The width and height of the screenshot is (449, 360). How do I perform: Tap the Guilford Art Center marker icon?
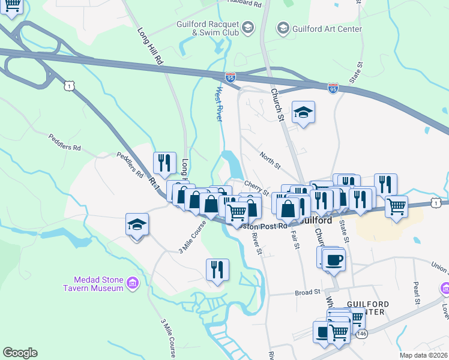click(283, 28)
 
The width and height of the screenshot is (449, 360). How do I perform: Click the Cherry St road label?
click(256, 187)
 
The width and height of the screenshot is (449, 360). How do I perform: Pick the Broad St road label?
click(307, 292)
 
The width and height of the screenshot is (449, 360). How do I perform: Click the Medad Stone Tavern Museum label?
click(98, 283)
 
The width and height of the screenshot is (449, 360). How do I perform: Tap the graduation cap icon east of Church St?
click(304, 112)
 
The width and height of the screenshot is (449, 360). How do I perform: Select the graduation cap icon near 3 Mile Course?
click(137, 225)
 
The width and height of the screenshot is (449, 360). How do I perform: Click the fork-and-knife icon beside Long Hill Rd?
click(164, 163)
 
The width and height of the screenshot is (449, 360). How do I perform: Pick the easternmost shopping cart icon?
click(396, 207)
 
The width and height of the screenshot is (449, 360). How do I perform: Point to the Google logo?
click(20, 353)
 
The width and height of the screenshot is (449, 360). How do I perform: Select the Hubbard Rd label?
click(245, 3)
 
